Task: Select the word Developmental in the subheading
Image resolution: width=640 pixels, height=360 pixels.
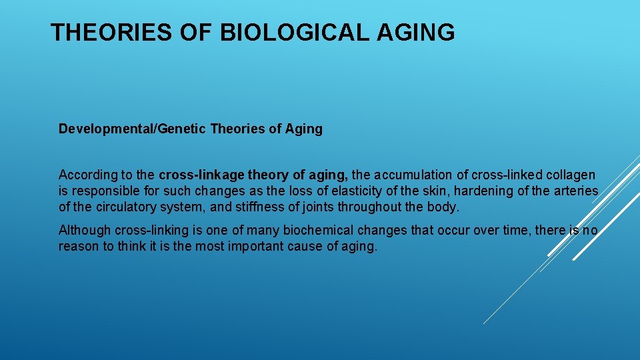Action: point(106,129)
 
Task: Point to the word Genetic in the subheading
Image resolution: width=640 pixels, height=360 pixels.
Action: point(181,129)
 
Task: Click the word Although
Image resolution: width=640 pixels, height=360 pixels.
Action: point(85,231)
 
